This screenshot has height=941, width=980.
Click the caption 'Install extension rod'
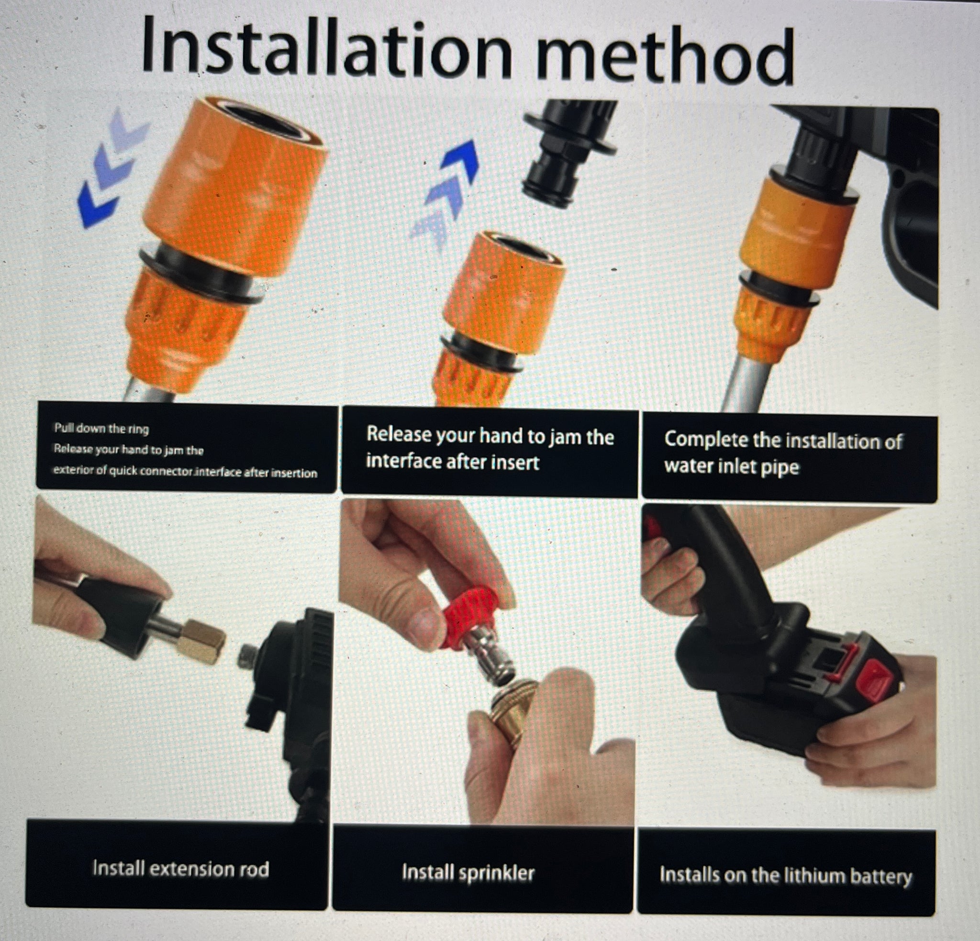[180, 868]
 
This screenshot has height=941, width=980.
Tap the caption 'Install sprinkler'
[468, 873]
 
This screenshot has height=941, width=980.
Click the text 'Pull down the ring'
[101, 429]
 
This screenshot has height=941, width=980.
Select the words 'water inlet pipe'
[732, 467]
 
